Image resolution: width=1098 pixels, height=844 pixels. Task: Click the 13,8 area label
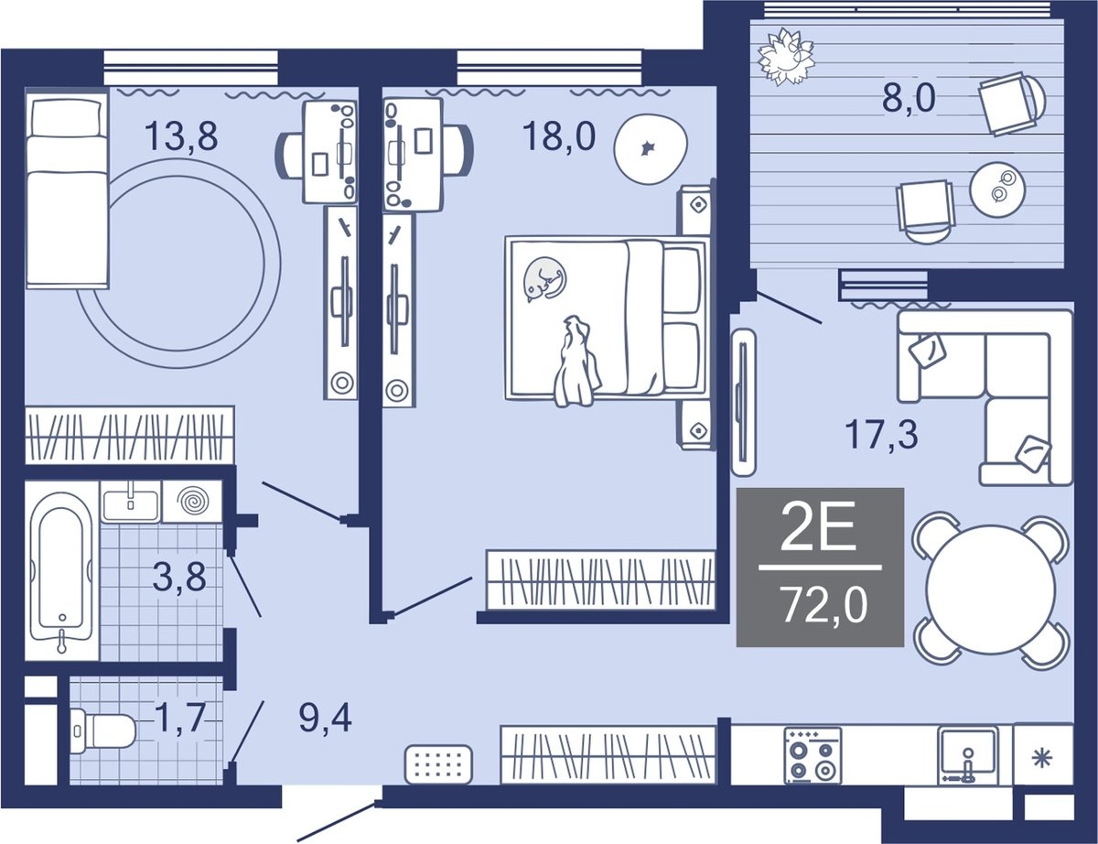point(181,136)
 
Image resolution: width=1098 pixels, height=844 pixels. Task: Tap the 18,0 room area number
point(559,136)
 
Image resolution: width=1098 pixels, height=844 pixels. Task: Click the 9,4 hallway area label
point(326,719)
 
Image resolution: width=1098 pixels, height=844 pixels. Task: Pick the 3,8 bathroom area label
point(179,577)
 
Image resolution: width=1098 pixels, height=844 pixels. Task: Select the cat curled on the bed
point(544,279)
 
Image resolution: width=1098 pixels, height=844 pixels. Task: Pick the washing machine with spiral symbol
point(192,502)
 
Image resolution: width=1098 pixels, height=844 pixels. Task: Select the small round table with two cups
point(998,189)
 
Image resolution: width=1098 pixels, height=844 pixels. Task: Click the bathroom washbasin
point(132,501)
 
